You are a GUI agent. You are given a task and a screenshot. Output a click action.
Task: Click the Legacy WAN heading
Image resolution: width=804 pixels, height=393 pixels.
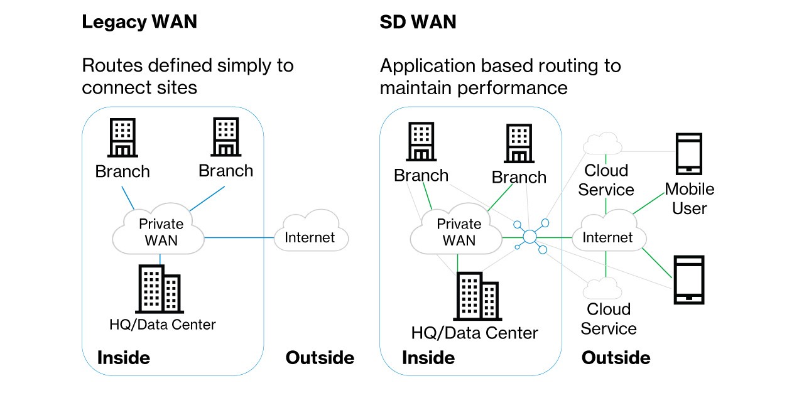point(139,22)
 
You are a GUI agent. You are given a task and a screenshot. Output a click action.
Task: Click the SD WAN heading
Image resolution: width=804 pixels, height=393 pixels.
point(418,22)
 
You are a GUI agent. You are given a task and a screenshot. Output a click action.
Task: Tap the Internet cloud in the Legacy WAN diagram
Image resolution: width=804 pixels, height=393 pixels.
point(310,237)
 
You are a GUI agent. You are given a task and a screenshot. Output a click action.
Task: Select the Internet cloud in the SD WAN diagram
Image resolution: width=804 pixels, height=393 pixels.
point(607,237)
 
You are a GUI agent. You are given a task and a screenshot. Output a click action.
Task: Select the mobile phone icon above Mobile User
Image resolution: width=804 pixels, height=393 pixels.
point(688,154)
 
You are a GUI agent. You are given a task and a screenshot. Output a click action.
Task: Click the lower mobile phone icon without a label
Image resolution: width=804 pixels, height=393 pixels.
point(688,280)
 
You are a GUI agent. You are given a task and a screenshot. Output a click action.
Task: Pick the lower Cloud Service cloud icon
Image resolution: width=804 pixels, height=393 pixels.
point(602,288)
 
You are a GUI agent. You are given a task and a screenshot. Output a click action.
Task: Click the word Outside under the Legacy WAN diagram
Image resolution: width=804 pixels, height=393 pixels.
point(320,358)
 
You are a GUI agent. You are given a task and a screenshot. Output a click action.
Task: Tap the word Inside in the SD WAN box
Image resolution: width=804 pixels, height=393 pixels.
point(428,358)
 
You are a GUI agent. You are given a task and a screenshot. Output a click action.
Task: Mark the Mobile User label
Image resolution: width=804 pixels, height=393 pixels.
point(689,198)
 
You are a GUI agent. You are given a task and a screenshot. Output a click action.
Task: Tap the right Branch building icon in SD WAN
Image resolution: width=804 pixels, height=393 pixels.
point(519,144)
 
